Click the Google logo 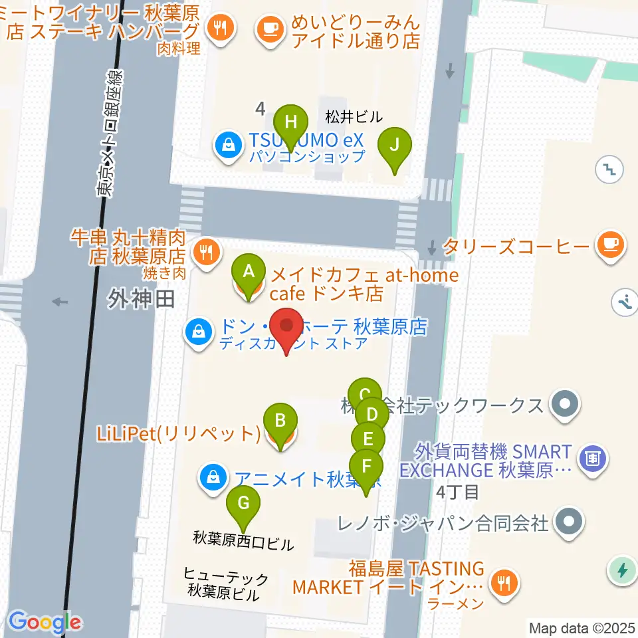point(45,622)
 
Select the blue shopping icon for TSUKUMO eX point(229,146)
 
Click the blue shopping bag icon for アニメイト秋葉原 point(212,479)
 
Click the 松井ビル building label point(354,117)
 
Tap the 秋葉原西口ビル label point(243,543)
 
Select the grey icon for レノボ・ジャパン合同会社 point(567,522)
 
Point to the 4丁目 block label point(458,493)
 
